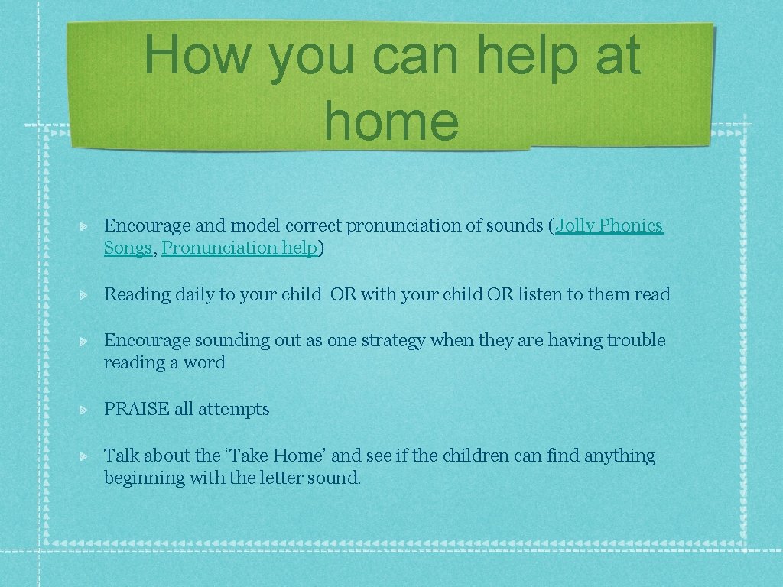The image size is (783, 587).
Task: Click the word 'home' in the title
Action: tap(391, 122)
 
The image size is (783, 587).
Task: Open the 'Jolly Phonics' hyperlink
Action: tap(609, 226)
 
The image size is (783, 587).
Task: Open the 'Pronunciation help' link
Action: tap(239, 248)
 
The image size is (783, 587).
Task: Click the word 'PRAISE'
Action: tap(137, 410)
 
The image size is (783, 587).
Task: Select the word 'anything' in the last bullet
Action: tap(619, 457)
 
